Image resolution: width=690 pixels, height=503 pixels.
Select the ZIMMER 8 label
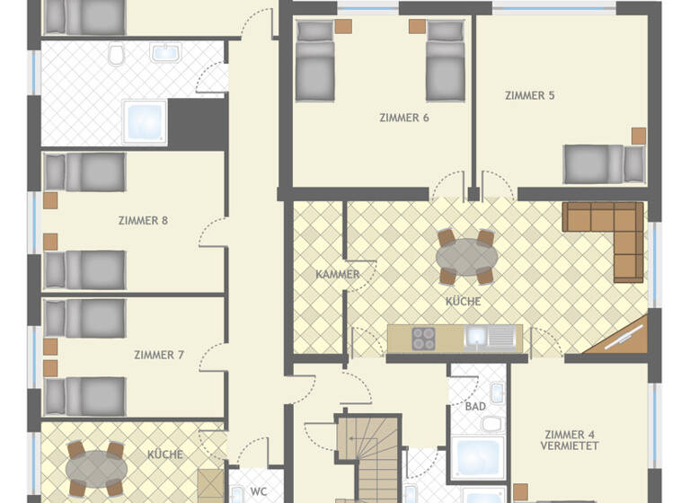tap(143, 219)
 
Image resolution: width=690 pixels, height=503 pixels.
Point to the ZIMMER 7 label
tap(159, 355)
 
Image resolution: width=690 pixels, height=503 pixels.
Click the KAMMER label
tap(338, 274)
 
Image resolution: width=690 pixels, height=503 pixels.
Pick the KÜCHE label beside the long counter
tap(463, 302)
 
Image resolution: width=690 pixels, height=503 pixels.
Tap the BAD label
tap(475, 406)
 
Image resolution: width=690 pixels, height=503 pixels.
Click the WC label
tap(259, 491)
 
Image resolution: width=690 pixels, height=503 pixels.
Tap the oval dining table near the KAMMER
tap(466, 257)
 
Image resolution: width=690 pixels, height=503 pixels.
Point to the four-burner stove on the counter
tap(423, 338)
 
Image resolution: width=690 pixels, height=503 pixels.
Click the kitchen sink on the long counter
tap(476, 338)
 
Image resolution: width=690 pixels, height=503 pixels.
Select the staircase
tap(367, 458)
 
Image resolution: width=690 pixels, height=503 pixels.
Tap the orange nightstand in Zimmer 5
tap(639, 136)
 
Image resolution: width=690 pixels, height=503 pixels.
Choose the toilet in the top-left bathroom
tap(116, 56)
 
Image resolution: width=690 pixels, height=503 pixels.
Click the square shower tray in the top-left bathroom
tap(145, 122)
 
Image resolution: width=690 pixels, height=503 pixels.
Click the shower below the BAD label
tap(477, 458)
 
